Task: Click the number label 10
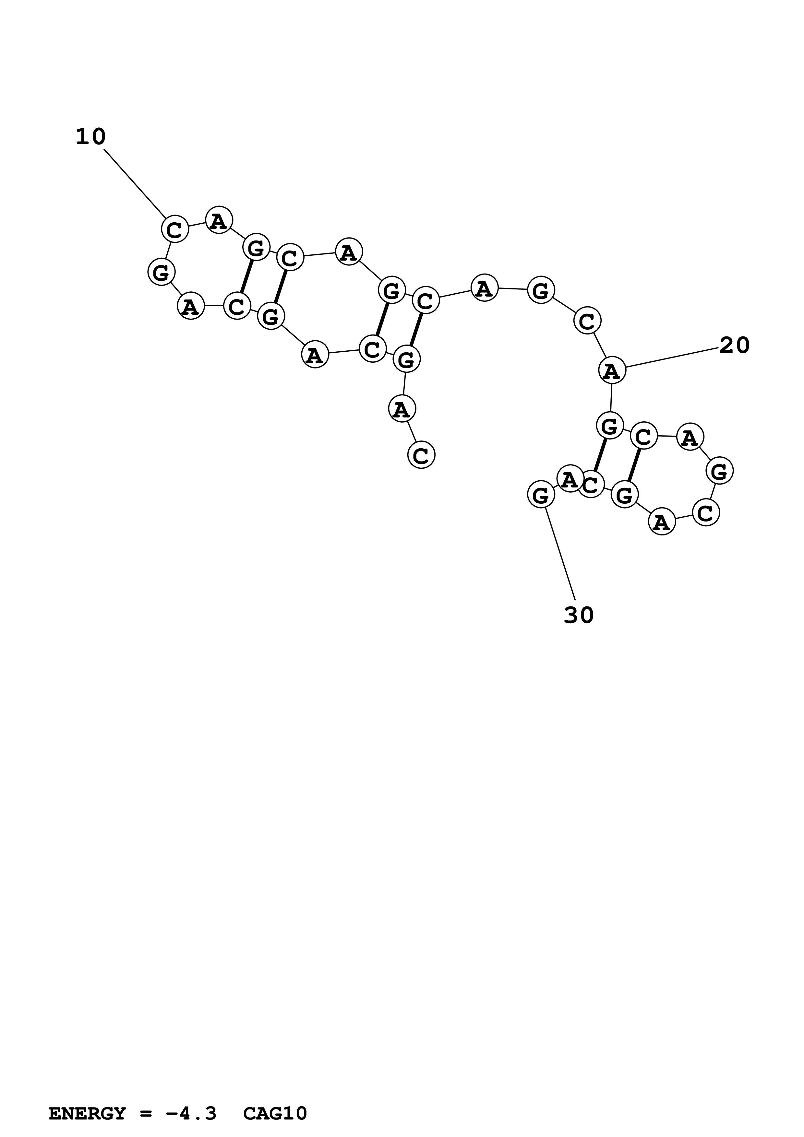click(x=91, y=137)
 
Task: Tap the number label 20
click(x=734, y=345)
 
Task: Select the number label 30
click(x=579, y=615)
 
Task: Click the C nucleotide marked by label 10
click(x=175, y=229)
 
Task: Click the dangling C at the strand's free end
click(x=421, y=455)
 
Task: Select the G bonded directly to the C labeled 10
click(x=161, y=272)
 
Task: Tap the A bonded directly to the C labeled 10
click(x=219, y=220)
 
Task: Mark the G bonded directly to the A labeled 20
click(x=610, y=425)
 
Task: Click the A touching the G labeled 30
click(x=570, y=479)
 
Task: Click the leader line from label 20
click(x=671, y=358)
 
